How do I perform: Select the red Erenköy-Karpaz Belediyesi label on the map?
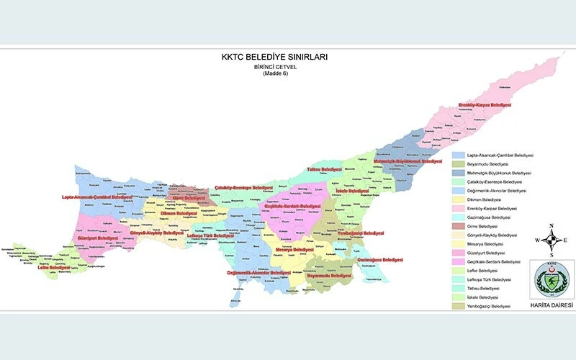tap(484, 105)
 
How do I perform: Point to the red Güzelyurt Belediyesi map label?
tap(97, 237)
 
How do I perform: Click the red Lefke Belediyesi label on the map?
tap(54, 266)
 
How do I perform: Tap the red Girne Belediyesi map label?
tap(189, 197)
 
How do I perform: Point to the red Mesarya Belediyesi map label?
tap(294, 249)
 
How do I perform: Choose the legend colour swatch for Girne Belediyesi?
tap(458, 226)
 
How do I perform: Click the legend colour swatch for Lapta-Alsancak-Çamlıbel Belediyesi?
tap(458, 155)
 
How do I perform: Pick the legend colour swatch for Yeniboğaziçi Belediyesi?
tap(458, 306)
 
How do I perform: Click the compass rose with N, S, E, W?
tap(552, 240)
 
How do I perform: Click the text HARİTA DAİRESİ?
tap(552, 305)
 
